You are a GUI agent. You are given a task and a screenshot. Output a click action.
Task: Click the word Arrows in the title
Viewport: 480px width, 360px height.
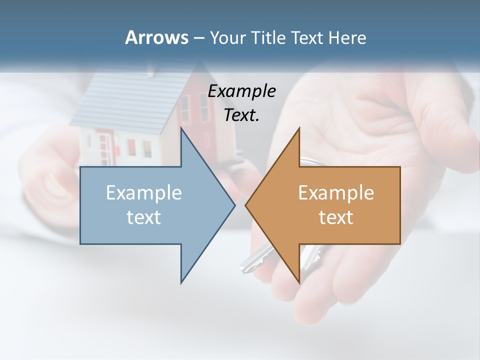click(x=156, y=37)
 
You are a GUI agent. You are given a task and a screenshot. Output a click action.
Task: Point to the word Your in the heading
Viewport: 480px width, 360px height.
click(x=226, y=38)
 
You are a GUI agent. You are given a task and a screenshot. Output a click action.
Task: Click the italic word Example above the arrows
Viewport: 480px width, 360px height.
click(x=242, y=91)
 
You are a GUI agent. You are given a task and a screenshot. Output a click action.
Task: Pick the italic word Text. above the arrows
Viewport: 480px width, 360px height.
click(x=242, y=115)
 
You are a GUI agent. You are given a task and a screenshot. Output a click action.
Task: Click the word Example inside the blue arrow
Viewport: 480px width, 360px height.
click(x=144, y=193)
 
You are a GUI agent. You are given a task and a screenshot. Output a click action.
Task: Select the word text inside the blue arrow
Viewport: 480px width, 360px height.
click(x=144, y=217)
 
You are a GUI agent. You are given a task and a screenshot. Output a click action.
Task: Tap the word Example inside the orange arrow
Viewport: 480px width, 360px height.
click(x=336, y=193)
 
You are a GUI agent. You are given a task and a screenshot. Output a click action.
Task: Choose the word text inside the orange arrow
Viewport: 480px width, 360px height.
click(x=336, y=217)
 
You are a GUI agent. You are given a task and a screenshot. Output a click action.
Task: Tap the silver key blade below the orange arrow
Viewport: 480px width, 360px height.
click(x=250, y=262)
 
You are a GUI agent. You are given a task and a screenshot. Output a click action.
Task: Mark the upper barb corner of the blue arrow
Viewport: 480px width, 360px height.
click(x=181, y=129)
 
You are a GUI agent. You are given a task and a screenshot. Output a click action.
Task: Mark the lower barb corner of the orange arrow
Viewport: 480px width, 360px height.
click(x=299, y=283)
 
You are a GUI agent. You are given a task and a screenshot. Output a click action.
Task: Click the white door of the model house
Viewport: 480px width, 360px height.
click(x=104, y=147)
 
